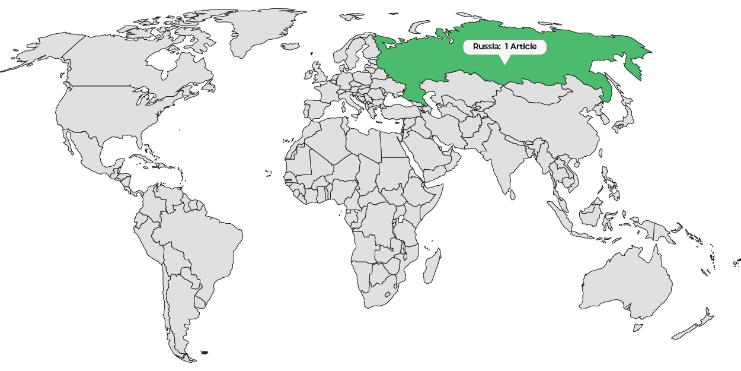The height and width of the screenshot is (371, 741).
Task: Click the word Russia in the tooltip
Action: click(x=486, y=47)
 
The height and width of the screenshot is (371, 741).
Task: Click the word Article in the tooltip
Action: click(x=523, y=47)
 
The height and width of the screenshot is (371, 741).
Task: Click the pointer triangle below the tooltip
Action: click(x=504, y=59)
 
